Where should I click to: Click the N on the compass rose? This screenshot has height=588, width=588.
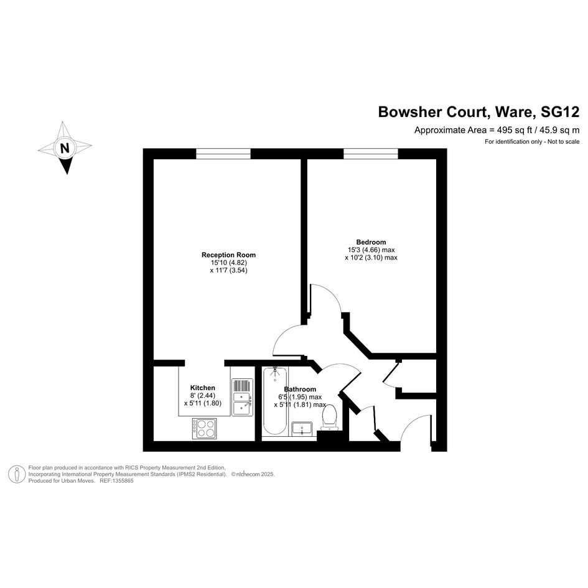click(65, 147)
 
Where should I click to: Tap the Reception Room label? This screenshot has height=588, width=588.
click(228, 255)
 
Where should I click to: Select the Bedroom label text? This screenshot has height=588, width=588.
click(371, 242)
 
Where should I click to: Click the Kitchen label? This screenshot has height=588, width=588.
click(203, 388)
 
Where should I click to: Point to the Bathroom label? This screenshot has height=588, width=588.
click(300, 390)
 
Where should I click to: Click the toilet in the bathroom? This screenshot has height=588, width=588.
click(330, 418)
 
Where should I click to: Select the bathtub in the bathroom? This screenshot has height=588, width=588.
click(275, 401)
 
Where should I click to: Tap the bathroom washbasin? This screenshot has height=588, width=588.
click(302, 429)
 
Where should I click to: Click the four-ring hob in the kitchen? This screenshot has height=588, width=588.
click(204, 428)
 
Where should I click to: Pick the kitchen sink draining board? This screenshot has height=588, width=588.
click(243, 385)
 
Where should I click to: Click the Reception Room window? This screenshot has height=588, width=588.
click(223, 154)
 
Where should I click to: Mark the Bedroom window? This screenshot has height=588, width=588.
click(371, 154)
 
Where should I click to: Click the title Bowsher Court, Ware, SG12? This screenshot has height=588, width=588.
click(478, 112)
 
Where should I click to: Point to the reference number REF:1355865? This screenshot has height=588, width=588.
click(116, 481)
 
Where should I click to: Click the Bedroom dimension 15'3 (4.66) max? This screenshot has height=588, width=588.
click(371, 250)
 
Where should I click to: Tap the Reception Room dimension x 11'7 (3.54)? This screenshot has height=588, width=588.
click(229, 270)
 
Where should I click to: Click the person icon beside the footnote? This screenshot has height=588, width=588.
click(17, 474)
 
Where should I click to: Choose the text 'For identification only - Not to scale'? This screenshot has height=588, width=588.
click(532, 142)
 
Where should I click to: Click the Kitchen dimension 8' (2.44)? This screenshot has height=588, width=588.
click(203, 395)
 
